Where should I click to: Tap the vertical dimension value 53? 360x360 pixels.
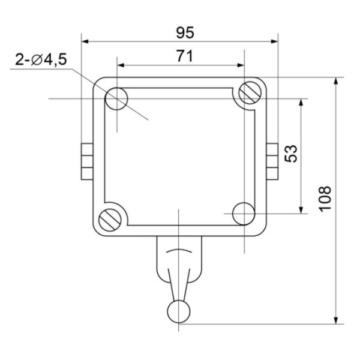coord(290,154)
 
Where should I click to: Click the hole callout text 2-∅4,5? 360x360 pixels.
coord(41,60)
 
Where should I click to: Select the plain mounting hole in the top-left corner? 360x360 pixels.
coord(116,99)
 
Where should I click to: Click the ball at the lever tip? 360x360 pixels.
coord(179,310)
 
